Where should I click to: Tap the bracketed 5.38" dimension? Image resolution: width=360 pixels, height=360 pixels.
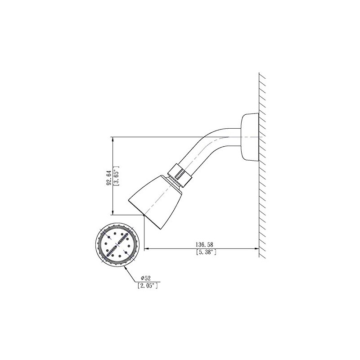[207, 252]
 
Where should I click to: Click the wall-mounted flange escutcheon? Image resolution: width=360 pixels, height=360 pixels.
[250, 136]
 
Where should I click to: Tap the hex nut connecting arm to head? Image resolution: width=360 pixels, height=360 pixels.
[180, 175]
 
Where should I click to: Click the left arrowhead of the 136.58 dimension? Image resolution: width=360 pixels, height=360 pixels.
[146, 248]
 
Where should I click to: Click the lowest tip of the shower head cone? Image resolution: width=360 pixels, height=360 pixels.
[144, 216]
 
